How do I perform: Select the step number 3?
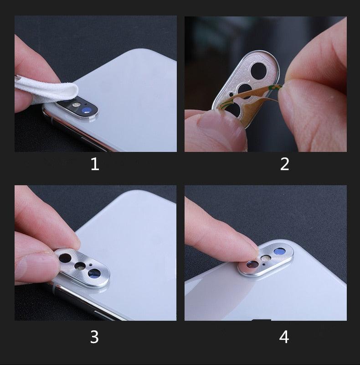tap(94, 337)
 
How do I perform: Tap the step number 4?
tap(284, 337)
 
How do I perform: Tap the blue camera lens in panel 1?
tap(86, 110)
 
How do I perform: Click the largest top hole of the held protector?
tap(258, 71)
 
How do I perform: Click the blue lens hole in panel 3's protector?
tap(94, 273)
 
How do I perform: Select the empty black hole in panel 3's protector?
tap(65, 258)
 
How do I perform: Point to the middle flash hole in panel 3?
tap(80, 266)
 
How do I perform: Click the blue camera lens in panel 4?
tap(279, 251)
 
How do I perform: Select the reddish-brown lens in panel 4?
tap(252, 264)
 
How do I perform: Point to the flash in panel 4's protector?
tap(266, 258)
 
